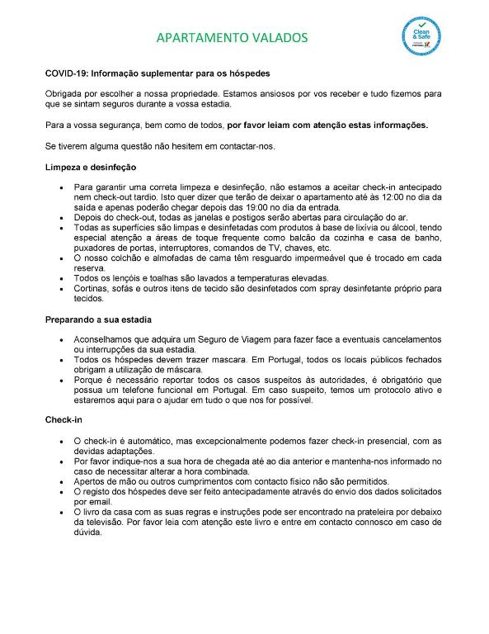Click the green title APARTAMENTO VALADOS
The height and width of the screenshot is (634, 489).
tap(232, 38)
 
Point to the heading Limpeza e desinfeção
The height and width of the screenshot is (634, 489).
tap(84, 167)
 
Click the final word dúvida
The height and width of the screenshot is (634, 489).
tap(88, 532)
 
